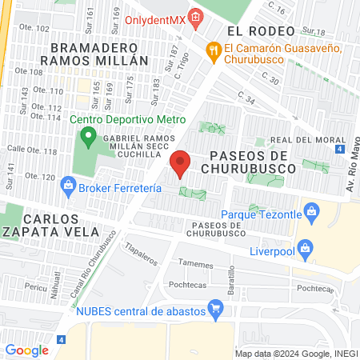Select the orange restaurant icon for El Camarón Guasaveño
[x=213, y=50]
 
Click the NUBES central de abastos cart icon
[x=214, y=307]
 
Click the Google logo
[x=26, y=350]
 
